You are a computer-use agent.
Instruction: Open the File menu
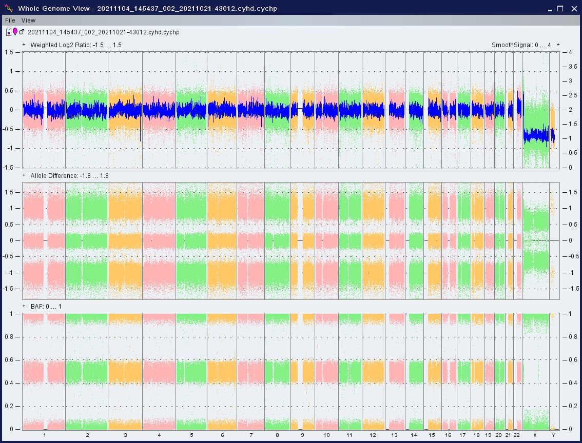(10, 20)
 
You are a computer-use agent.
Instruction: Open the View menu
(28, 20)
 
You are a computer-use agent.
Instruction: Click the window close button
(572, 8)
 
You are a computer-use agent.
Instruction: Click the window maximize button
(560, 8)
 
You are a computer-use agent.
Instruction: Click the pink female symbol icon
(15, 32)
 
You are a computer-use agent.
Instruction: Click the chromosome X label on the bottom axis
(535, 435)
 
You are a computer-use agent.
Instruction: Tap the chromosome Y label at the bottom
(553, 435)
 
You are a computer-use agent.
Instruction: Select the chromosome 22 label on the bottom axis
(517, 435)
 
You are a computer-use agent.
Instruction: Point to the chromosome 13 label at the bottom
(394, 435)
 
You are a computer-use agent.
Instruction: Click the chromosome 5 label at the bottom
(191, 435)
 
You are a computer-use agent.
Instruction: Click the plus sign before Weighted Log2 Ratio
(24, 45)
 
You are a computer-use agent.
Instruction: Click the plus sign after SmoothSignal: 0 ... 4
(558, 45)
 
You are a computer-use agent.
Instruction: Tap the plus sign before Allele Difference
(24, 175)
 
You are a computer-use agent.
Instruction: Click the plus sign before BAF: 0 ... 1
(24, 306)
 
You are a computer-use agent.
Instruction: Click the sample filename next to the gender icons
(110, 32)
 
